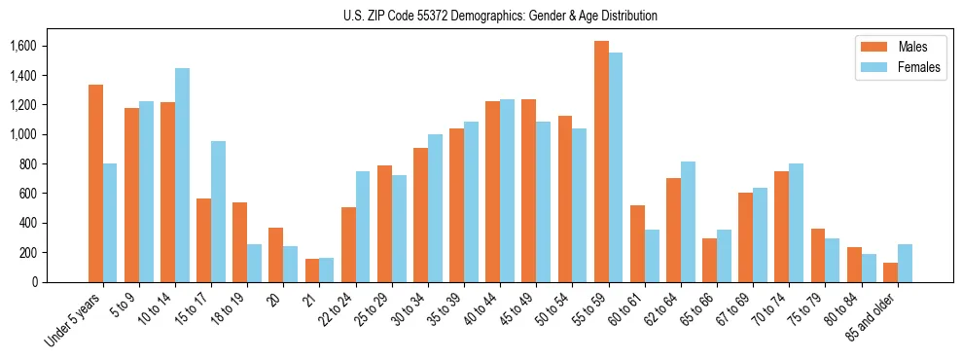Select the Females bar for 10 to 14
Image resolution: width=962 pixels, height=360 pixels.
(182, 175)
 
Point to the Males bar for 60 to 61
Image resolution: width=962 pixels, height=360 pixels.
(637, 243)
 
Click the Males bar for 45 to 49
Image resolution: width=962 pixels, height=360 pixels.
(529, 191)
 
